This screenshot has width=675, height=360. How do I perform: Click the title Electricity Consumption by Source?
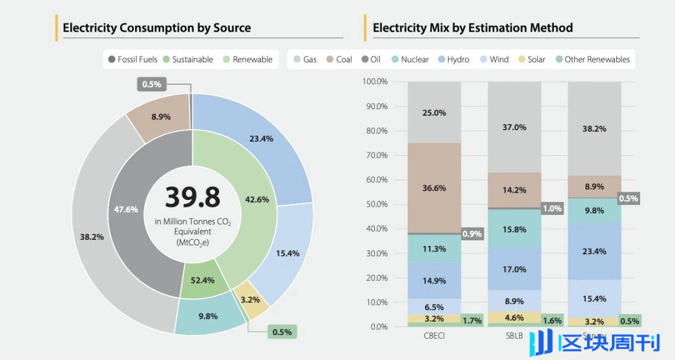(x=157, y=28)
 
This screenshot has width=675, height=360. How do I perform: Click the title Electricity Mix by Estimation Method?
(x=472, y=28)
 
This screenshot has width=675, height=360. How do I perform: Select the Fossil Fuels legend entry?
(x=133, y=59)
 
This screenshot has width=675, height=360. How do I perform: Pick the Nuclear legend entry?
(x=410, y=59)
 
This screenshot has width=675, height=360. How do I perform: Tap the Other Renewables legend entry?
(x=592, y=59)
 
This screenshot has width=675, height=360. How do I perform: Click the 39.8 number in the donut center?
(x=192, y=197)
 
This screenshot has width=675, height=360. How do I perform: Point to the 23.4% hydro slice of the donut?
(x=261, y=139)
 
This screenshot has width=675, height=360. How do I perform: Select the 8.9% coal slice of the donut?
(x=161, y=117)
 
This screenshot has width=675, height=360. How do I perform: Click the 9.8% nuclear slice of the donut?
(x=208, y=316)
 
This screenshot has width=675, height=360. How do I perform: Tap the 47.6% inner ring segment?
(x=126, y=209)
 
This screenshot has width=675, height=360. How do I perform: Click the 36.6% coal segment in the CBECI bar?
(x=434, y=188)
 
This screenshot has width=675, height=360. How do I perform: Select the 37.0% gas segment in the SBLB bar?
(x=514, y=127)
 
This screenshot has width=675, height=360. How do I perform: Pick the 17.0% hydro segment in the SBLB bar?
(x=514, y=269)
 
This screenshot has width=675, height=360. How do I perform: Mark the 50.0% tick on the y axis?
(x=375, y=204)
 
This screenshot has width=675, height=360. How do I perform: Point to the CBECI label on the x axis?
(x=434, y=336)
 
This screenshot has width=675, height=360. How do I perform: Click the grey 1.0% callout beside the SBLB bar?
(x=552, y=209)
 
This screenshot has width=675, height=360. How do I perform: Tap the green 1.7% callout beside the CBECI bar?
(x=472, y=320)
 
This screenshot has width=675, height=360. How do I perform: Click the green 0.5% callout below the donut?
(x=282, y=332)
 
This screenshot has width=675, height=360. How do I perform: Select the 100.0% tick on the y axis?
(x=375, y=82)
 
